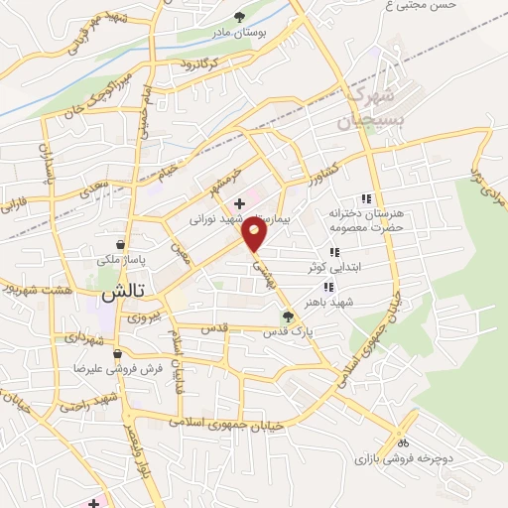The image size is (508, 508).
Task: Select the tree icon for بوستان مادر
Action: click(240, 16)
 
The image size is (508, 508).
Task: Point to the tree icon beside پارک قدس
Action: click(288, 317)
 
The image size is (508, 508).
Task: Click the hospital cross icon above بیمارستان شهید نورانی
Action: click(239, 202)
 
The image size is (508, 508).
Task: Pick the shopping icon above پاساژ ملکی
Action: click(120, 244)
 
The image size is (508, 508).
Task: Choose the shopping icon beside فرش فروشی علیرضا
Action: click(117, 353)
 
